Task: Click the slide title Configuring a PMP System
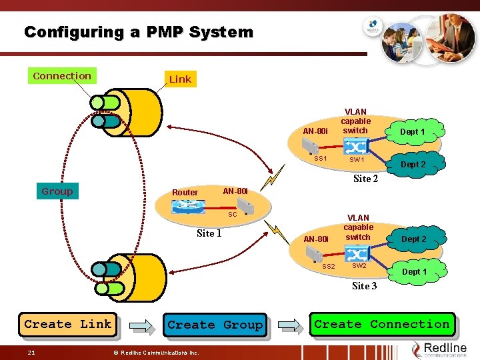click(x=139, y=32)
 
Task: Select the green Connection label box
click(x=62, y=76)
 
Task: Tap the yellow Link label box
click(x=180, y=79)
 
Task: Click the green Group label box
click(x=57, y=191)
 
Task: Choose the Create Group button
click(x=215, y=325)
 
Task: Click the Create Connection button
click(x=382, y=324)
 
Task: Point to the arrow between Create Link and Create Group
click(x=141, y=325)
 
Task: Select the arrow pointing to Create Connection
click(x=289, y=325)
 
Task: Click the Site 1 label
click(x=209, y=233)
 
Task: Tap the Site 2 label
click(x=365, y=179)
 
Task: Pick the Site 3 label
click(x=364, y=286)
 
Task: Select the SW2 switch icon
click(x=359, y=253)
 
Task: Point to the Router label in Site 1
click(x=185, y=193)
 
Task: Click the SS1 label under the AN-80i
click(x=321, y=159)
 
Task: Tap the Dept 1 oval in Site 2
click(x=412, y=132)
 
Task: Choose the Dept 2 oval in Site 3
click(x=413, y=239)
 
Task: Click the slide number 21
click(x=31, y=352)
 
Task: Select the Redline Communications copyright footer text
click(x=155, y=352)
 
